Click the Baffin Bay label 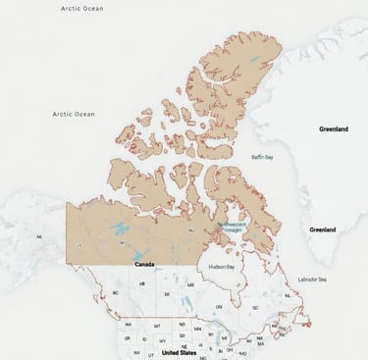pos(262,157)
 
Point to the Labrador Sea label pos(312,279)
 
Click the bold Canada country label pos(143,264)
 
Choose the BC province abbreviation pos(116,292)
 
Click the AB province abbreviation pos(142,284)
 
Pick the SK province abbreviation pos(166,293)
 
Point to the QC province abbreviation pos(255,307)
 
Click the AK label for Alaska pos(39,236)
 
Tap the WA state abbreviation pos(127,324)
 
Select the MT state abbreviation pos(156,324)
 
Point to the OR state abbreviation pos(127,336)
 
